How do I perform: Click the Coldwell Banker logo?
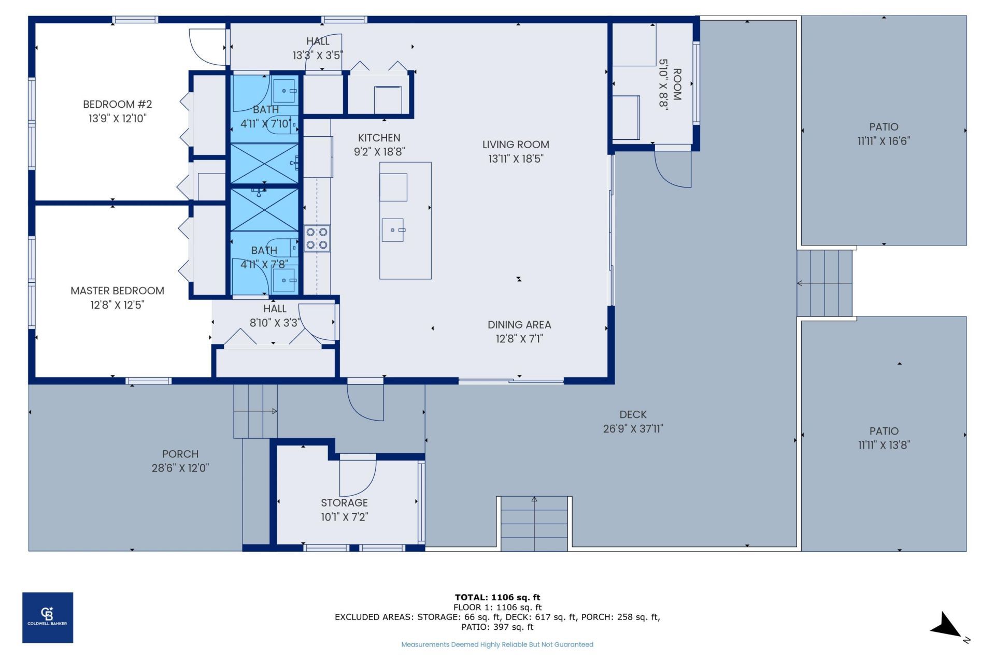coord(47,617)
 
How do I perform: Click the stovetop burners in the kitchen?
coord(317,239)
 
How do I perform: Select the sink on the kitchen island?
coord(393,230)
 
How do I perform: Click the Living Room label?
coord(515,145)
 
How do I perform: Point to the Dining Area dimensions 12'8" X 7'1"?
coord(519,339)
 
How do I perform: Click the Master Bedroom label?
coord(117,291)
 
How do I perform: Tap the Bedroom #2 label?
coord(117,105)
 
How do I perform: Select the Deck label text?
coord(633,415)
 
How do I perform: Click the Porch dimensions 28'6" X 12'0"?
coord(180,468)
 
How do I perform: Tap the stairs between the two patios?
coord(824,283)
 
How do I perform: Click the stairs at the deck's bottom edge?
coord(534,523)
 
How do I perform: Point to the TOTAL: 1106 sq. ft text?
coord(497,597)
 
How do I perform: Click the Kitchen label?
coord(379,138)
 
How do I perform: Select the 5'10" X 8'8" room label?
coord(670,84)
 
